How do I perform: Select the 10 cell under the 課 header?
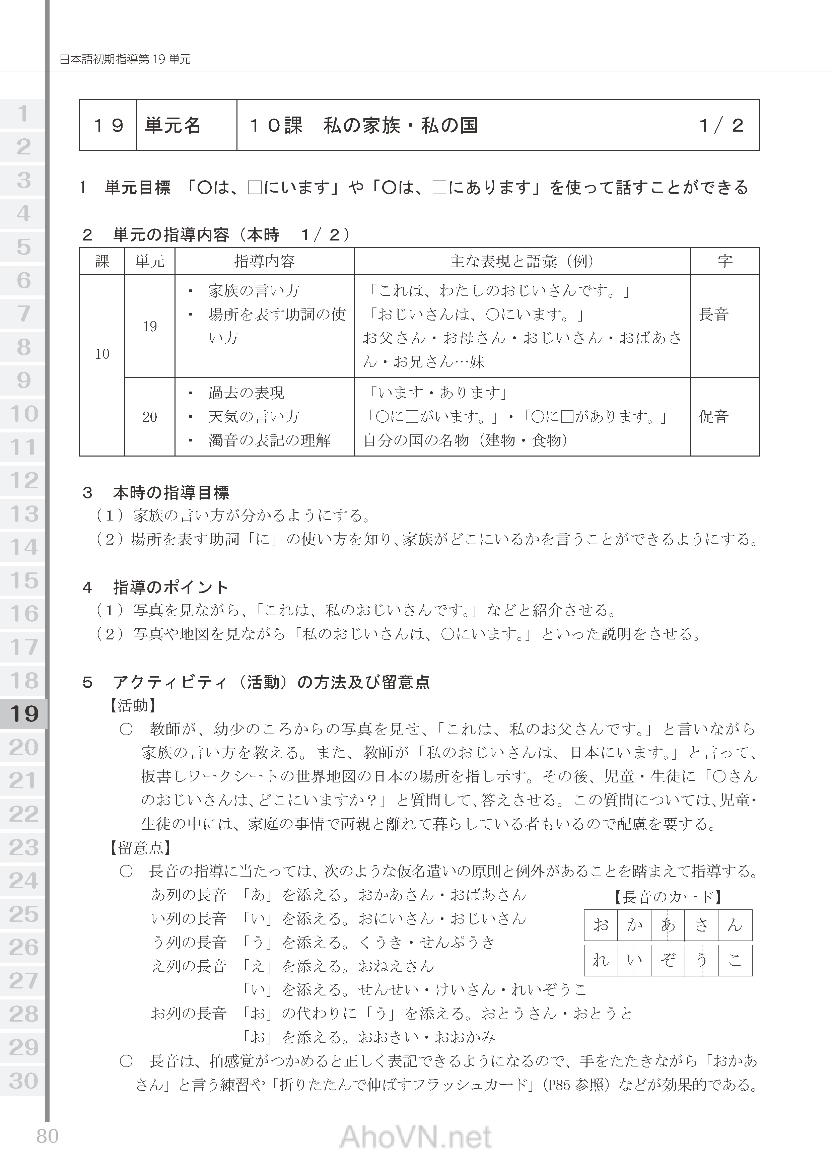point(102,354)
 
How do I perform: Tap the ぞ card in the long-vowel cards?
point(668,961)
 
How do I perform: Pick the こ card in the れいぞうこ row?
point(735,961)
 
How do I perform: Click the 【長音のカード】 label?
point(668,897)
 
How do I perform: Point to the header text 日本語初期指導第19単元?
point(125,59)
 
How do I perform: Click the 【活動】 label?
point(132,706)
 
